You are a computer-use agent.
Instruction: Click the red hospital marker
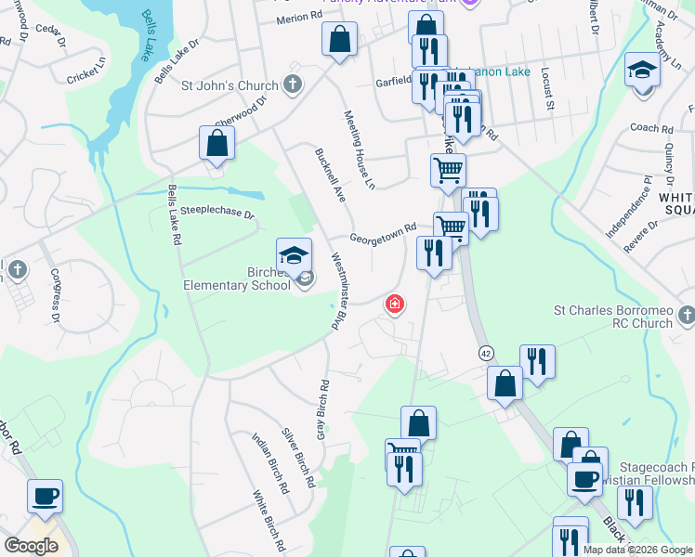pyautogui.click(x=395, y=304)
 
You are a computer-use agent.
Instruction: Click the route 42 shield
pyautogui.click(x=486, y=353)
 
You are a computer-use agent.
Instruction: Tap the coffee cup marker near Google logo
pyautogui.click(x=45, y=495)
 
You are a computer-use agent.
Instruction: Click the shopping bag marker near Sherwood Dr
pyautogui.click(x=216, y=143)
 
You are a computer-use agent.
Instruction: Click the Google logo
pyautogui.click(x=31, y=545)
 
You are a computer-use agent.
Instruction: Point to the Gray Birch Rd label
pyautogui.click(x=322, y=409)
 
